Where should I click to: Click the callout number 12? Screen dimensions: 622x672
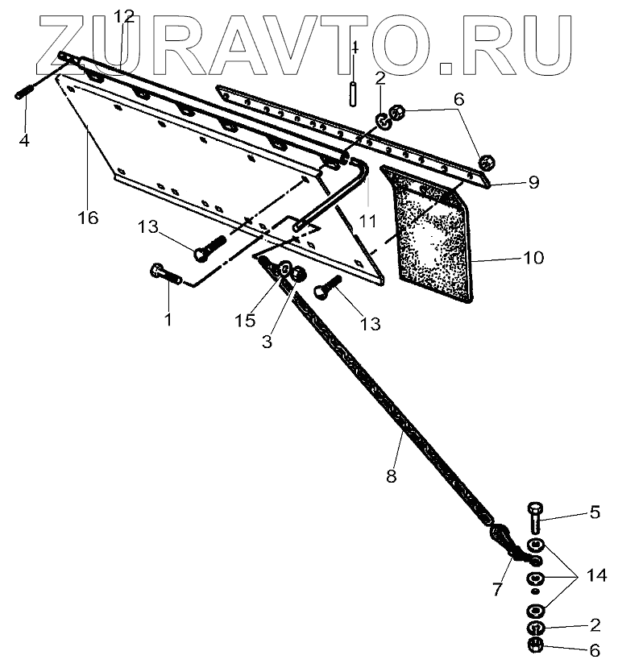(125, 16)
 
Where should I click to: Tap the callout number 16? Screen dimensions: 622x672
(88, 218)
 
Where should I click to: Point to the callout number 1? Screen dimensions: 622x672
(168, 320)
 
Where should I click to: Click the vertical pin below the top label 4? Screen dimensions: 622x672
(354, 89)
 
